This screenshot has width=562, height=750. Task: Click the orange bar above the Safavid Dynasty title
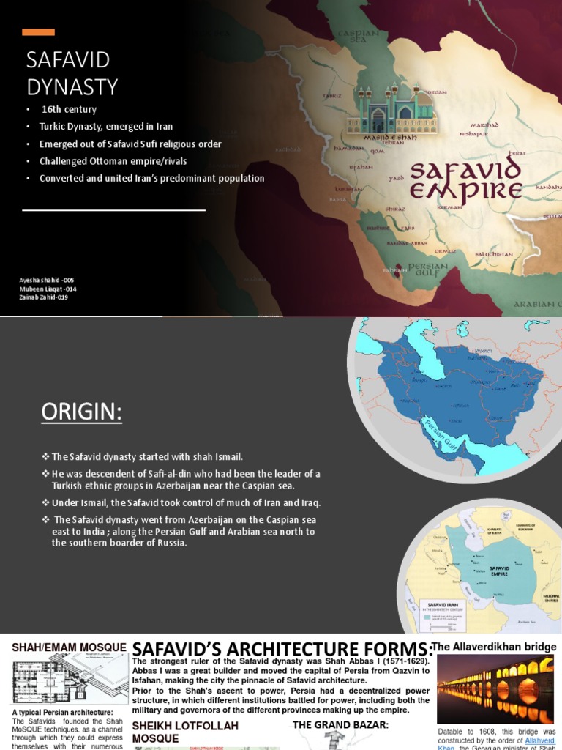tap(38, 32)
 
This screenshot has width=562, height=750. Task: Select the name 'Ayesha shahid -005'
tap(47, 280)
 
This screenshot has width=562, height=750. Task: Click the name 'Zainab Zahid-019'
tap(44, 297)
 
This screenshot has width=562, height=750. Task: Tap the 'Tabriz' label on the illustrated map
tap(331, 96)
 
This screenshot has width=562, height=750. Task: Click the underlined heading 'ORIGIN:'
tap(81, 413)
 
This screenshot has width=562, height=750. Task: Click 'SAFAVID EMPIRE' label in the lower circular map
tap(499, 571)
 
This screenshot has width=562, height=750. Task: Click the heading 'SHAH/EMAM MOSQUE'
tap(69, 647)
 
